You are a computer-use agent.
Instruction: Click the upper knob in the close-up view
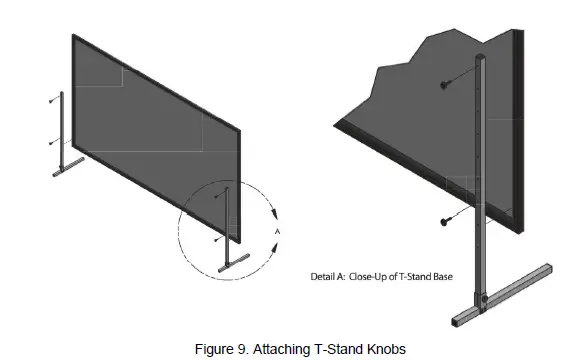(443, 87)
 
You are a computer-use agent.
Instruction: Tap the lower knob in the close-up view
(443, 221)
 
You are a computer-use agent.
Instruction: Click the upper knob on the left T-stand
(51, 100)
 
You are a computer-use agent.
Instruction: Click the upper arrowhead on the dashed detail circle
(272, 211)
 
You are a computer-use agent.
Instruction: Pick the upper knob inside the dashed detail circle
(216, 196)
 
